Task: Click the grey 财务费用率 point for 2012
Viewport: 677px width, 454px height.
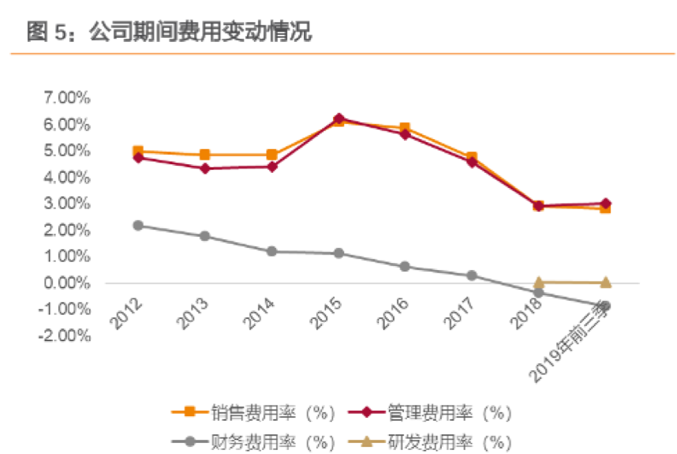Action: point(138,225)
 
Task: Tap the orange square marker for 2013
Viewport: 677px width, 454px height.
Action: point(205,155)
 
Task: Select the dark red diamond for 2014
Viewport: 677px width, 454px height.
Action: point(272,167)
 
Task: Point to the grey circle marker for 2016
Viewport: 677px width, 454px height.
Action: point(406,266)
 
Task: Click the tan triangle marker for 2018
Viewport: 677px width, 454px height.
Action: point(539,282)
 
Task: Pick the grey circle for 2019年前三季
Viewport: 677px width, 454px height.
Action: point(606,306)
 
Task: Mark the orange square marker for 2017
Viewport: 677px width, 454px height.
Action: point(472,157)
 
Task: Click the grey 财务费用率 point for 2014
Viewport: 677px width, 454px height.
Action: point(272,251)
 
